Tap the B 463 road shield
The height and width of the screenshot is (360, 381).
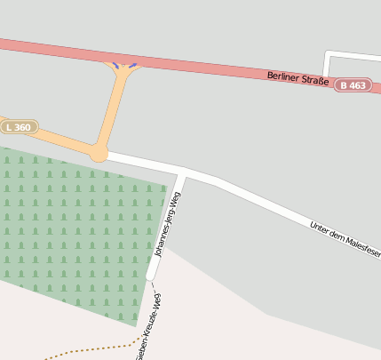click(x=353, y=85)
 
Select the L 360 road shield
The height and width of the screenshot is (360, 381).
click(x=20, y=127)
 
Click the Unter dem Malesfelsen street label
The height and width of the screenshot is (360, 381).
click(x=345, y=239)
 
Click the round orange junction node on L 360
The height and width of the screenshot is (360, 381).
click(x=98, y=153)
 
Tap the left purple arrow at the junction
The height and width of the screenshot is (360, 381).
click(x=115, y=65)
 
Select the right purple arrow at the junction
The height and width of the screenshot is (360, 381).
click(x=132, y=65)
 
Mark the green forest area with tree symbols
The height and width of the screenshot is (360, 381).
click(x=71, y=227)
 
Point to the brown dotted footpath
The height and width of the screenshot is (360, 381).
click(x=89, y=349)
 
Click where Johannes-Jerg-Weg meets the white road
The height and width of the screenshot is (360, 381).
click(x=181, y=170)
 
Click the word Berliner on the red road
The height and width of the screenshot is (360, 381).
click(x=282, y=76)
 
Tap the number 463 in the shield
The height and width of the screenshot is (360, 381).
click(x=357, y=85)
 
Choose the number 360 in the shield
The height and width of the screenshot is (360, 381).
click(x=24, y=127)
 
